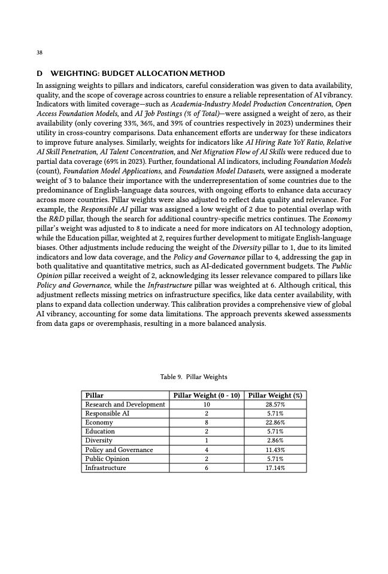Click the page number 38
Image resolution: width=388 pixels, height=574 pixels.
pos(40,53)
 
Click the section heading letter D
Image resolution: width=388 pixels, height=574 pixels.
pos(40,74)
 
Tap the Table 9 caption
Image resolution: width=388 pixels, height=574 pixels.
pos(193,377)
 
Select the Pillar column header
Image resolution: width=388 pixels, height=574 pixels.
pos(95,395)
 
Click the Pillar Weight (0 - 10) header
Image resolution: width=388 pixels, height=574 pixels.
pos(207,395)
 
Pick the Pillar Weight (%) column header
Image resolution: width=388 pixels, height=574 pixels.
pos(275,395)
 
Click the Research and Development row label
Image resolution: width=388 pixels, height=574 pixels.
pos(125,404)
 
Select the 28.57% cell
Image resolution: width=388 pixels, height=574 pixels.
pos(275,404)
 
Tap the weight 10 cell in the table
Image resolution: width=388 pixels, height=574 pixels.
pos(207,404)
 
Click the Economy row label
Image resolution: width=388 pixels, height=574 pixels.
pos(99,422)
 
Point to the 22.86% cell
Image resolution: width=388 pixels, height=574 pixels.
pos(275,422)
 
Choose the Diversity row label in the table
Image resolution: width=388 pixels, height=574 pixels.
pos(99,440)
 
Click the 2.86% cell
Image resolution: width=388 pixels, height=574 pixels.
pos(275,440)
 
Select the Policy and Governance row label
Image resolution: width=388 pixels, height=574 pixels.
pos(119,450)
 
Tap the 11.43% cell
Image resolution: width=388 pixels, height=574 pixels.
pos(275,450)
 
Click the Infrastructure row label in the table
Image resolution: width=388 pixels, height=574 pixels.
pos(106,468)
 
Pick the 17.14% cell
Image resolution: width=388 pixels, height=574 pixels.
pos(275,468)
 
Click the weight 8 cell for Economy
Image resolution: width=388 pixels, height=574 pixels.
pos(207,422)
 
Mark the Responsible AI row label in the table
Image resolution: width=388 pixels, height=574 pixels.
pos(108,413)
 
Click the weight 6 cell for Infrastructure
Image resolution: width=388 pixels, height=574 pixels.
pos(207,468)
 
